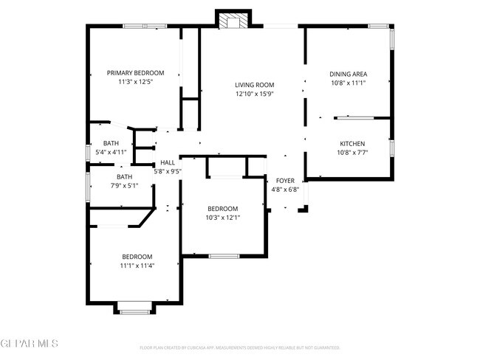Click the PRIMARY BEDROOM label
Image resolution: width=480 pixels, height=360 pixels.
pyautogui.click(x=135, y=73)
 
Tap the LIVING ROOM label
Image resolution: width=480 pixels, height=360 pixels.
pyautogui.click(x=255, y=85)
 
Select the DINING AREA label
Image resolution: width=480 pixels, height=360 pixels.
pyautogui.click(x=348, y=74)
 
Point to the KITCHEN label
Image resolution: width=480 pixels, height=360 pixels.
pyautogui.click(x=352, y=143)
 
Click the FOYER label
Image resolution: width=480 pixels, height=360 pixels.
pyautogui.click(x=285, y=181)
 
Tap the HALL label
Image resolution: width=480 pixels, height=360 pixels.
pyautogui.click(x=168, y=163)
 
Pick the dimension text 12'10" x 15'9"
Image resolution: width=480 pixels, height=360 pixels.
pyautogui.click(x=255, y=94)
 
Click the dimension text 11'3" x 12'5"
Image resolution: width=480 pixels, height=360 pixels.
pyautogui.click(x=135, y=82)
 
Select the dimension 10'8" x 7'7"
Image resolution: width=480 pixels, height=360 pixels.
pyautogui.click(x=352, y=152)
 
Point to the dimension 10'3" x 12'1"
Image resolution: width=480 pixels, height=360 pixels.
pyautogui.click(x=222, y=217)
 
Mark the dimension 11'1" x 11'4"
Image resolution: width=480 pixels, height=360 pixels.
pyautogui.click(x=137, y=266)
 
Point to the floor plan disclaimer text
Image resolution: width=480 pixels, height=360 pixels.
pyautogui.click(x=239, y=347)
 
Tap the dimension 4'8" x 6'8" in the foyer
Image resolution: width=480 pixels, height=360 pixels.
pyautogui.click(x=285, y=190)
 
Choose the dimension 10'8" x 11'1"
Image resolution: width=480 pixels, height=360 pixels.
pyautogui.click(x=348, y=83)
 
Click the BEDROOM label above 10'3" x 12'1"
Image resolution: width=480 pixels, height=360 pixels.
pyautogui.click(x=222, y=208)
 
